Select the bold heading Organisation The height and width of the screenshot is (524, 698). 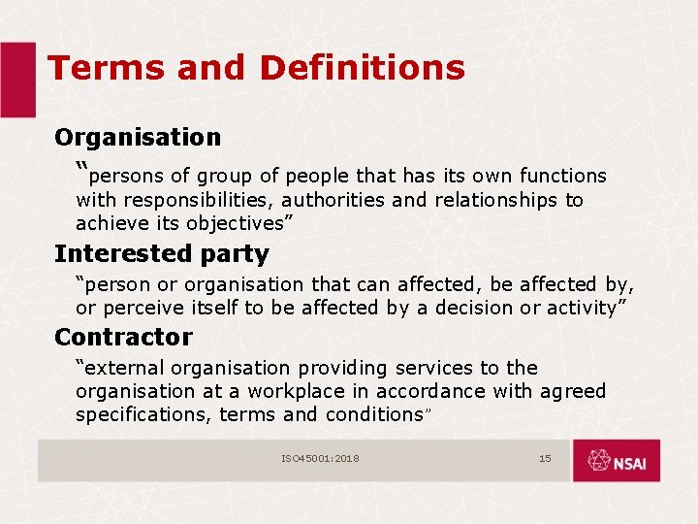point(138,138)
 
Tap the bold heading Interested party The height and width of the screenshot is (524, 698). point(161,254)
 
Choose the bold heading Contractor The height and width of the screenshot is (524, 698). point(123,338)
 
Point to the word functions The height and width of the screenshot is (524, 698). point(562,177)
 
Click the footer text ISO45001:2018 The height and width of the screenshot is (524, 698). point(320,458)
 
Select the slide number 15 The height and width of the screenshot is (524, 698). point(545,458)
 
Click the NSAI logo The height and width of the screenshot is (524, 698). point(616,460)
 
